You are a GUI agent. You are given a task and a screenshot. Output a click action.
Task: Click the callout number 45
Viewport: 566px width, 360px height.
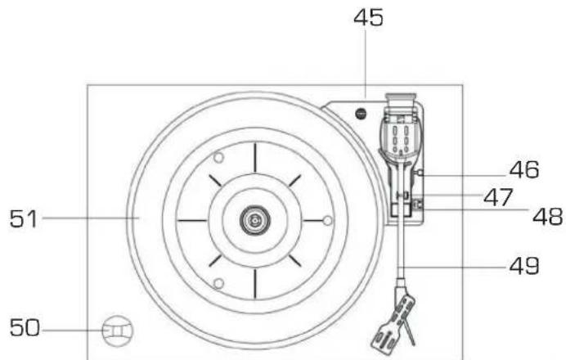point(368,18)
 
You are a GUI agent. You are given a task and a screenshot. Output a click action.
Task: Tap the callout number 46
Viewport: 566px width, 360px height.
point(524,169)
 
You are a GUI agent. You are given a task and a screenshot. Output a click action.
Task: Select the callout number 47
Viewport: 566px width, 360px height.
point(498,197)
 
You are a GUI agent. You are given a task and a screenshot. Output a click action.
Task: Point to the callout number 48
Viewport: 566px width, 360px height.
point(547,217)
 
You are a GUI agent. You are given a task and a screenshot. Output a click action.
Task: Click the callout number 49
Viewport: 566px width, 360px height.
point(524,266)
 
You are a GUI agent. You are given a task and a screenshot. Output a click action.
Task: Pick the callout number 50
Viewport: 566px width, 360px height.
point(25,328)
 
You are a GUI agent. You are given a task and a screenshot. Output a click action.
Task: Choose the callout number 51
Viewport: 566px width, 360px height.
point(24,218)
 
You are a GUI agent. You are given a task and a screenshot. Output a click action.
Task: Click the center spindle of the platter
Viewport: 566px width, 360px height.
point(255,219)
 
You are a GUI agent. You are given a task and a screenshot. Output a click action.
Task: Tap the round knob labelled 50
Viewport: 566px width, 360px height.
point(118,331)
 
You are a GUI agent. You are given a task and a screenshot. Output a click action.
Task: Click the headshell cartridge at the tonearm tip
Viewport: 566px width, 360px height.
point(393,322)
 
